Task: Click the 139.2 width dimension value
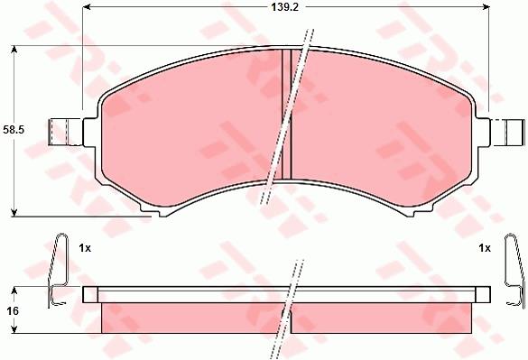tap(285, 7)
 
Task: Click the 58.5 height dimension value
tap(14, 130)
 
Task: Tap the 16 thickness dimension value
tap(13, 311)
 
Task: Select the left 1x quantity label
tap(85, 248)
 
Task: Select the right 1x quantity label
tap(485, 248)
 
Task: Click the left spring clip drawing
tap(58, 271)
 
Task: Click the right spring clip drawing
tap(514, 271)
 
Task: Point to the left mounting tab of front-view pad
tap(66, 132)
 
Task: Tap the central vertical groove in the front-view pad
tap(286, 115)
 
